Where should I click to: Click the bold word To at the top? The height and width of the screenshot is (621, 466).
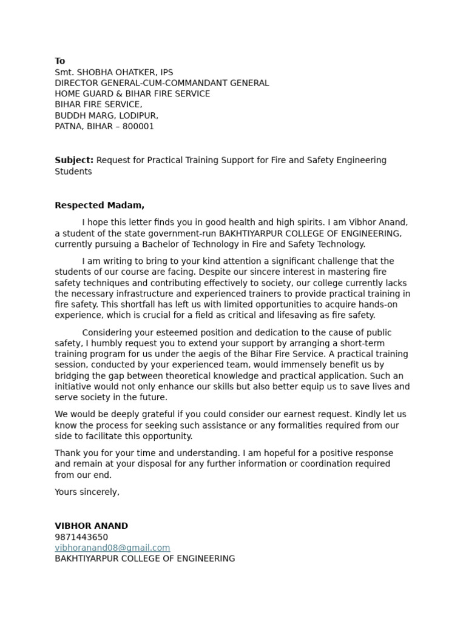pyautogui.click(x=60, y=61)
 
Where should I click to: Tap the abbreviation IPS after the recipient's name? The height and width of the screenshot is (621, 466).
pyautogui.click(x=165, y=72)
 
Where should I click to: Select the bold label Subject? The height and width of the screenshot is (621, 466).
pyautogui.click(x=74, y=161)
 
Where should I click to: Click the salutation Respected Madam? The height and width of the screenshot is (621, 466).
pyautogui.click(x=100, y=206)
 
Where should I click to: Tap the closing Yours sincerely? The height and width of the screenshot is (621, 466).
pyautogui.click(x=87, y=492)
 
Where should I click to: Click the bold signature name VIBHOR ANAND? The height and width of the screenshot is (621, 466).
pyautogui.click(x=92, y=526)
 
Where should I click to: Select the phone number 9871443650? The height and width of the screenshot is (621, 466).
pyautogui.click(x=81, y=537)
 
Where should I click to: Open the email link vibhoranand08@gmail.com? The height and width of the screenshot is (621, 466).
pyautogui.click(x=112, y=548)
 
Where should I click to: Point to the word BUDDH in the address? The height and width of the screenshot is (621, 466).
pyautogui.click(x=70, y=116)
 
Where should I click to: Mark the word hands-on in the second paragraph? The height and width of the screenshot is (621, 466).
pyautogui.click(x=390, y=304)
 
